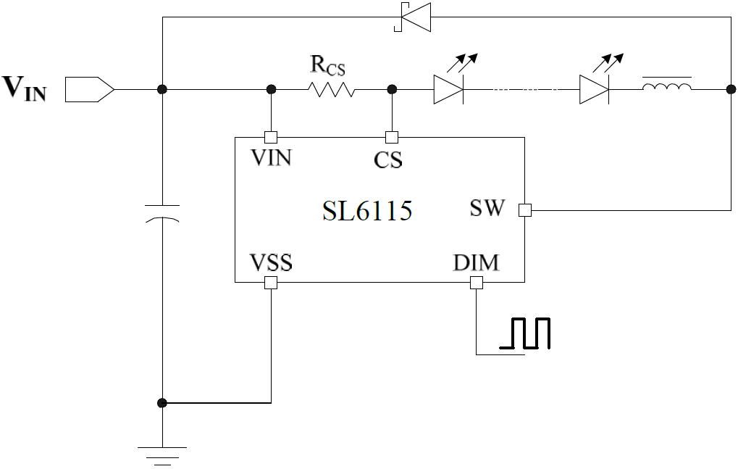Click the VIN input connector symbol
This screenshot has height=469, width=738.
[x=89, y=89]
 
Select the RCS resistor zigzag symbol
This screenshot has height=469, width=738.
[x=331, y=89]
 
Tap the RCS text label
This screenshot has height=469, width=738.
[x=327, y=66]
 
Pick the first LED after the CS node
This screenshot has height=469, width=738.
[x=448, y=89]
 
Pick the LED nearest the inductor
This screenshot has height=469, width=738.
[x=594, y=89]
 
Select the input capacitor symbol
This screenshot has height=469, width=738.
[x=162, y=213]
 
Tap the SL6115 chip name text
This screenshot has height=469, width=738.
[x=367, y=211]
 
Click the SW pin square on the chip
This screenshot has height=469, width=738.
[x=525, y=210]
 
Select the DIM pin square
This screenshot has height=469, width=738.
[x=476, y=283]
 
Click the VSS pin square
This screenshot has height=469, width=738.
[x=271, y=283]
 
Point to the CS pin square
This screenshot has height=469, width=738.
[x=392, y=137]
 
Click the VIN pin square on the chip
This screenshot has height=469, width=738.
[x=271, y=137]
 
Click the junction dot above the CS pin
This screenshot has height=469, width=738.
[x=392, y=89]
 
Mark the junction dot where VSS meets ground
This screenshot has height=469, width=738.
[x=162, y=402]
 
